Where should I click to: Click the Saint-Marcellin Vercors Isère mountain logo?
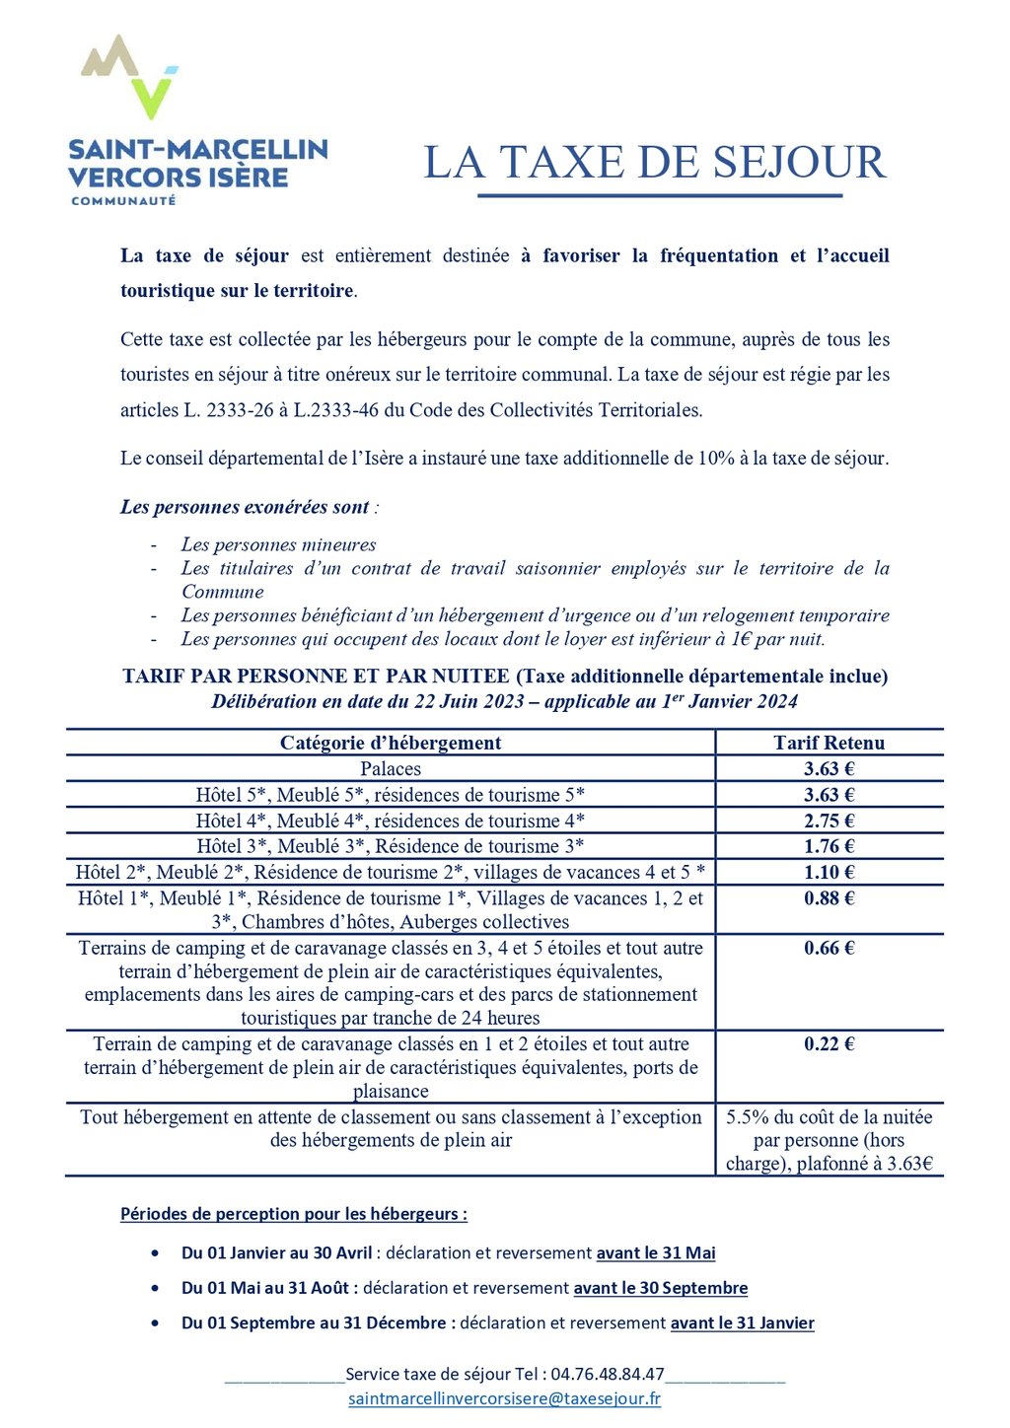129,77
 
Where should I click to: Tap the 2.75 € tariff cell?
829,821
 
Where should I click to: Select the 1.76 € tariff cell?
829,846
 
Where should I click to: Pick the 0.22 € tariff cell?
829,1043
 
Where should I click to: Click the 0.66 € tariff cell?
829,948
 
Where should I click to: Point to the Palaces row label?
391,769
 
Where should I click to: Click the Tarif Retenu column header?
829,743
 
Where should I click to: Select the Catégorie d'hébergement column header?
391,743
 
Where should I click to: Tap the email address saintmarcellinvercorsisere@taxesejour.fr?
504,1398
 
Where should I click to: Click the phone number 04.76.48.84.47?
608,1374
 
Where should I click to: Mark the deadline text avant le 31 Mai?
656,1252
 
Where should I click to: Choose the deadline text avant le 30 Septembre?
661,1288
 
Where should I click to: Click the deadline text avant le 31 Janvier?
743,1322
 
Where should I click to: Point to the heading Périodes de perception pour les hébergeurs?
293,1214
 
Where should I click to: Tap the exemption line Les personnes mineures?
278,544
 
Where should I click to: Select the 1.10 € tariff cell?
829,872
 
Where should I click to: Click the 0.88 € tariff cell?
829,897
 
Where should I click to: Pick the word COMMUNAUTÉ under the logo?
123,200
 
